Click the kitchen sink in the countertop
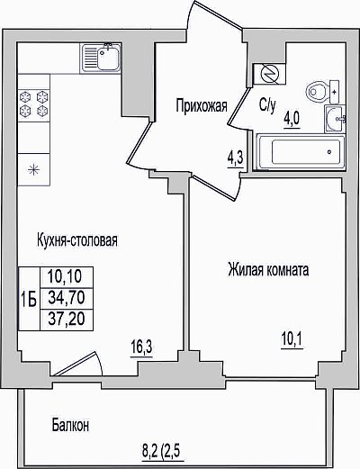click(101, 58)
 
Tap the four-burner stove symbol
click(33, 105)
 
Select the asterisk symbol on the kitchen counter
click(33, 170)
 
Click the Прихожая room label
click(202, 106)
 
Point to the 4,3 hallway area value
click(235, 158)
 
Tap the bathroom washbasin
click(335, 119)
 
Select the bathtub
click(301, 152)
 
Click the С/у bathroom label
click(267, 105)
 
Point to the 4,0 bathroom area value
click(292, 120)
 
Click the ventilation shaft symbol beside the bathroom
click(269, 74)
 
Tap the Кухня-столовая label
click(77, 240)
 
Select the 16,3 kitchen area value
click(141, 347)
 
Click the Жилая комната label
click(268, 269)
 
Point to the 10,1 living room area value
click(292, 339)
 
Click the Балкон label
click(71, 425)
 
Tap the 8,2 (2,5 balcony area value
click(163, 451)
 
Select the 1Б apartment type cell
click(29, 299)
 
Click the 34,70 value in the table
click(67, 298)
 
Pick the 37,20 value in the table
click(67, 319)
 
